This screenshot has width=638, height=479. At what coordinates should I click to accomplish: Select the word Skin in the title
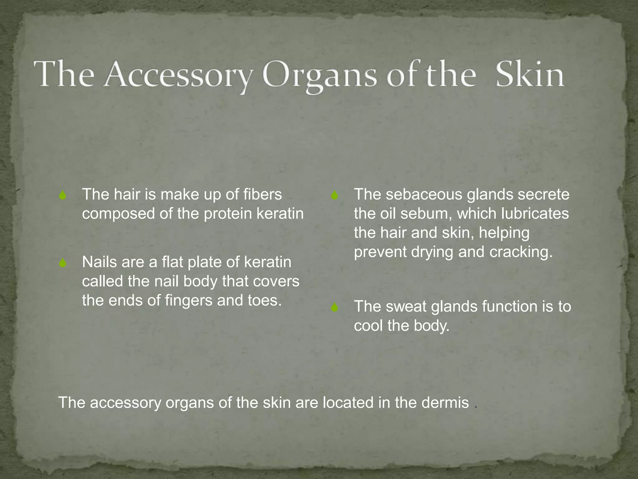point(529,75)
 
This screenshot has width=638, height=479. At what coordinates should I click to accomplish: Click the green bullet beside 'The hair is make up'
point(63,196)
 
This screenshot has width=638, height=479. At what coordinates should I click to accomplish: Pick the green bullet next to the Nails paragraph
point(63,263)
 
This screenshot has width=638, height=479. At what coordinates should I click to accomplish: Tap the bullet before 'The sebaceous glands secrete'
point(335,196)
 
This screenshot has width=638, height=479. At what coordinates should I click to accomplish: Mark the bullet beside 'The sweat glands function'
point(335,308)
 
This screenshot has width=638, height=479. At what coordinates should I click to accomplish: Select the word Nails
point(100,262)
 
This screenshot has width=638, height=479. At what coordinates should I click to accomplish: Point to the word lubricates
point(535,214)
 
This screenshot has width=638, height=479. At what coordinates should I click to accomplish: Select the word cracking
point(521,252)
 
